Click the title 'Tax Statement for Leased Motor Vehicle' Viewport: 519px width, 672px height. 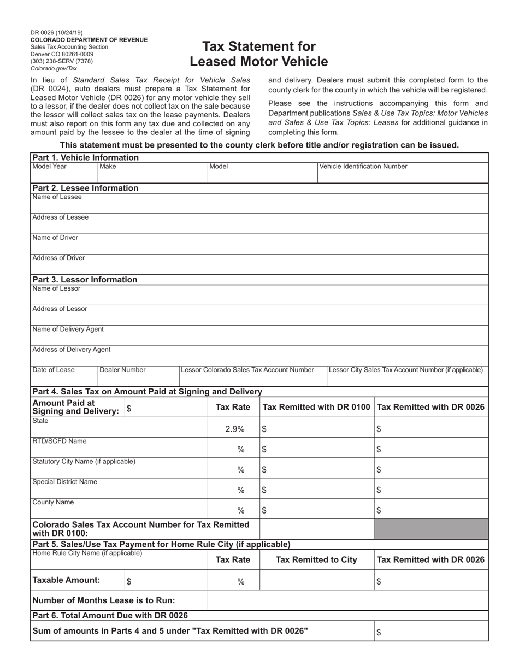259,54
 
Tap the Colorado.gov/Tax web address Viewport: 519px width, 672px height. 54,68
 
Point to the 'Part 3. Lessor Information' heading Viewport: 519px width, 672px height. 85,280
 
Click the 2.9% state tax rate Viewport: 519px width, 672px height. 234,429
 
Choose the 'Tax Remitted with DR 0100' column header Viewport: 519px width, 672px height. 317,407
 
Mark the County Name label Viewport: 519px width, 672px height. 53,502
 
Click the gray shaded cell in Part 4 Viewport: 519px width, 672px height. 431,529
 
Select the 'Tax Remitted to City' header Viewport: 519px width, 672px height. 317,559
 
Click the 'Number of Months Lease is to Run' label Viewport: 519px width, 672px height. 104,600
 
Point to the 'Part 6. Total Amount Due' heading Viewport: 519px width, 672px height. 110,616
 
